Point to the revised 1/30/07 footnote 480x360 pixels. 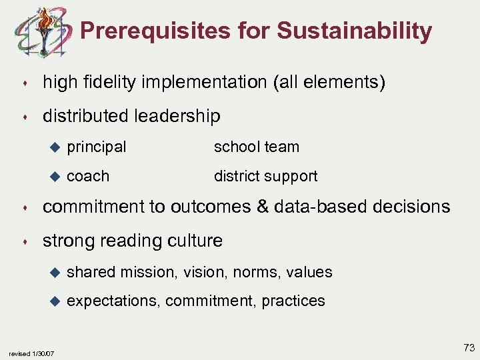click(x=31, y=353)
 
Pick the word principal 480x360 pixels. click(x=97, y=147)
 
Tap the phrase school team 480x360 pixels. click(x=256, y=147)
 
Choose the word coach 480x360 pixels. click(x=88, y=176)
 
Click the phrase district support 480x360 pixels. click(x=265, y=176)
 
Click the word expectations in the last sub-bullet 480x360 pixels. click(x=113, y=301)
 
